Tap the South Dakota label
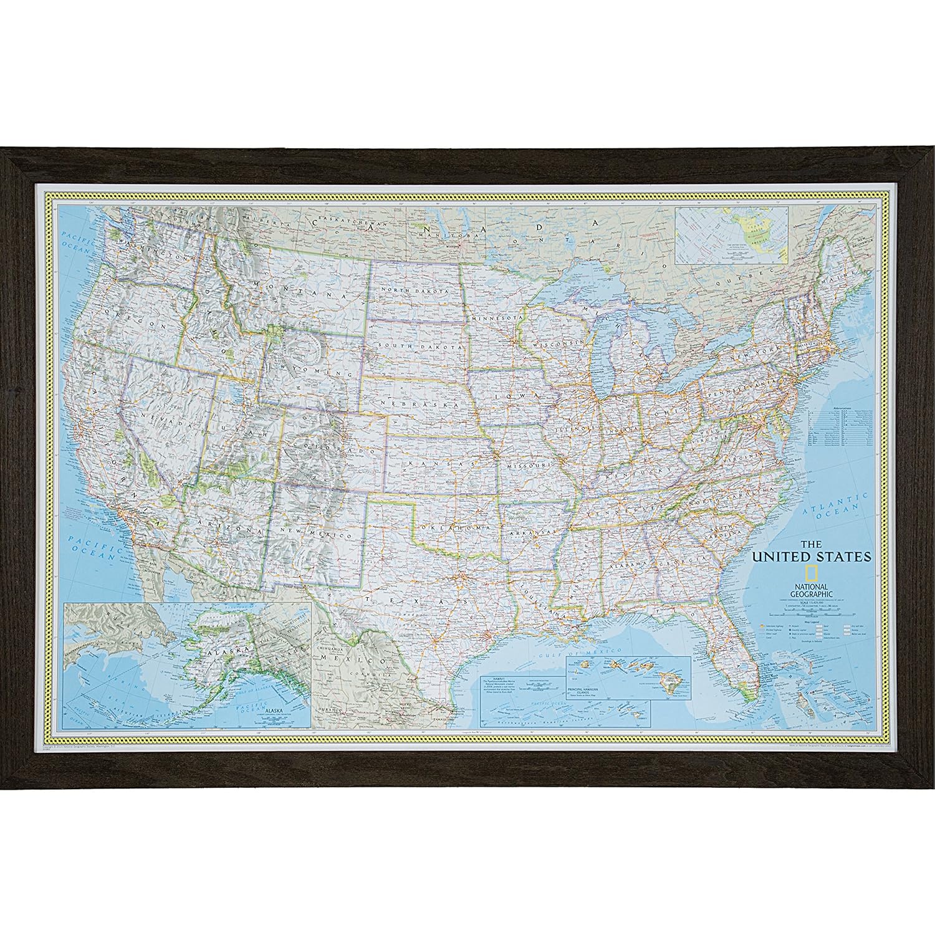416,345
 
